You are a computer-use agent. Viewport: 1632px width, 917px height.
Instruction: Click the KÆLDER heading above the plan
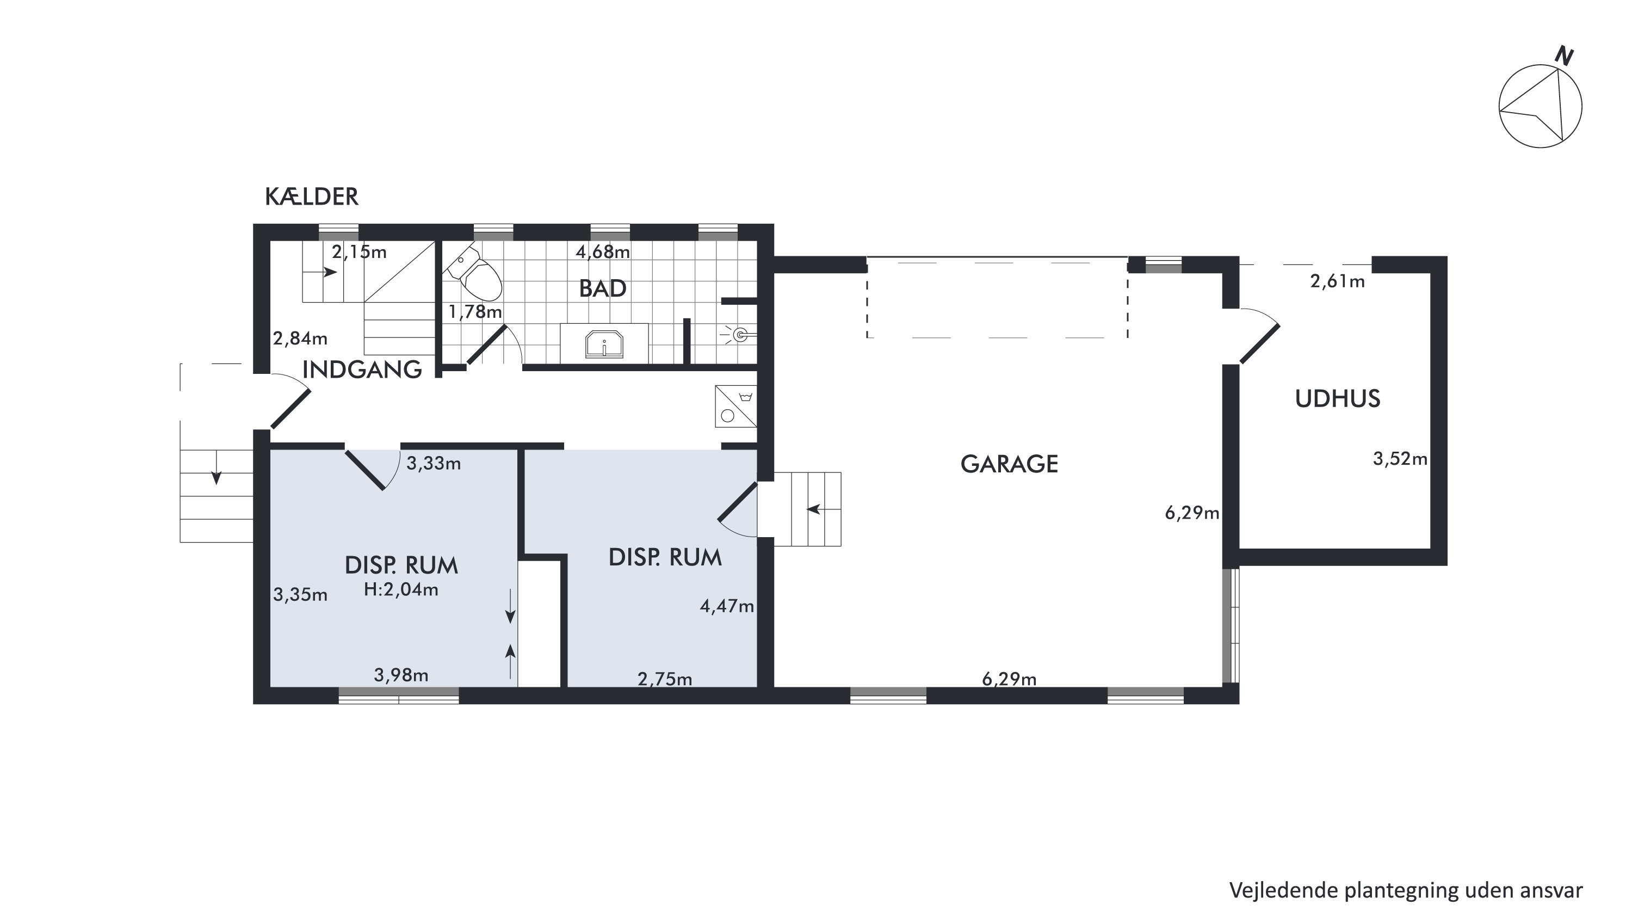[312, 197]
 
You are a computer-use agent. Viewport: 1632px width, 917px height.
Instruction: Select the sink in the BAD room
[604, 344]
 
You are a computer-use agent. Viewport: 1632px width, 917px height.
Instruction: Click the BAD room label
[603, 289]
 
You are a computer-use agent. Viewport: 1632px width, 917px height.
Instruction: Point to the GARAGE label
[1009, 465]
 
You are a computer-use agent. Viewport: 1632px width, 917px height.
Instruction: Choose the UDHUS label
[1337, 398]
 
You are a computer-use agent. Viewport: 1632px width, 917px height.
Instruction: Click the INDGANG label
[362, 370]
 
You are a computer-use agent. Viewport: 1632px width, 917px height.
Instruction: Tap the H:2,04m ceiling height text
[401, 590]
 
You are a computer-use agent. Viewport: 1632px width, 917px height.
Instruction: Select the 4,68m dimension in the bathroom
[603, 252]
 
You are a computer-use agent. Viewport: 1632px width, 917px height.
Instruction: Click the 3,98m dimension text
[401, 675]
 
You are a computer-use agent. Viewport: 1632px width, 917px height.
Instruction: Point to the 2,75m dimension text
[665, 679]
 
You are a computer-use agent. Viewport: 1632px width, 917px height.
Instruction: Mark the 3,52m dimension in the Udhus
[1400, 459]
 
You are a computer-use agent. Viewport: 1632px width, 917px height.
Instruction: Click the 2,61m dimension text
[1337, 281]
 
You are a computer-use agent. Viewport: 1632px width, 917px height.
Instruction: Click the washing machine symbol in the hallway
[736, 405]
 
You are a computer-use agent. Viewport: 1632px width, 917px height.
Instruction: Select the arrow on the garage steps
[821, 509]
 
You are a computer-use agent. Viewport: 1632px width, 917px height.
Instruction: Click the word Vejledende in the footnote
[1283, 891]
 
